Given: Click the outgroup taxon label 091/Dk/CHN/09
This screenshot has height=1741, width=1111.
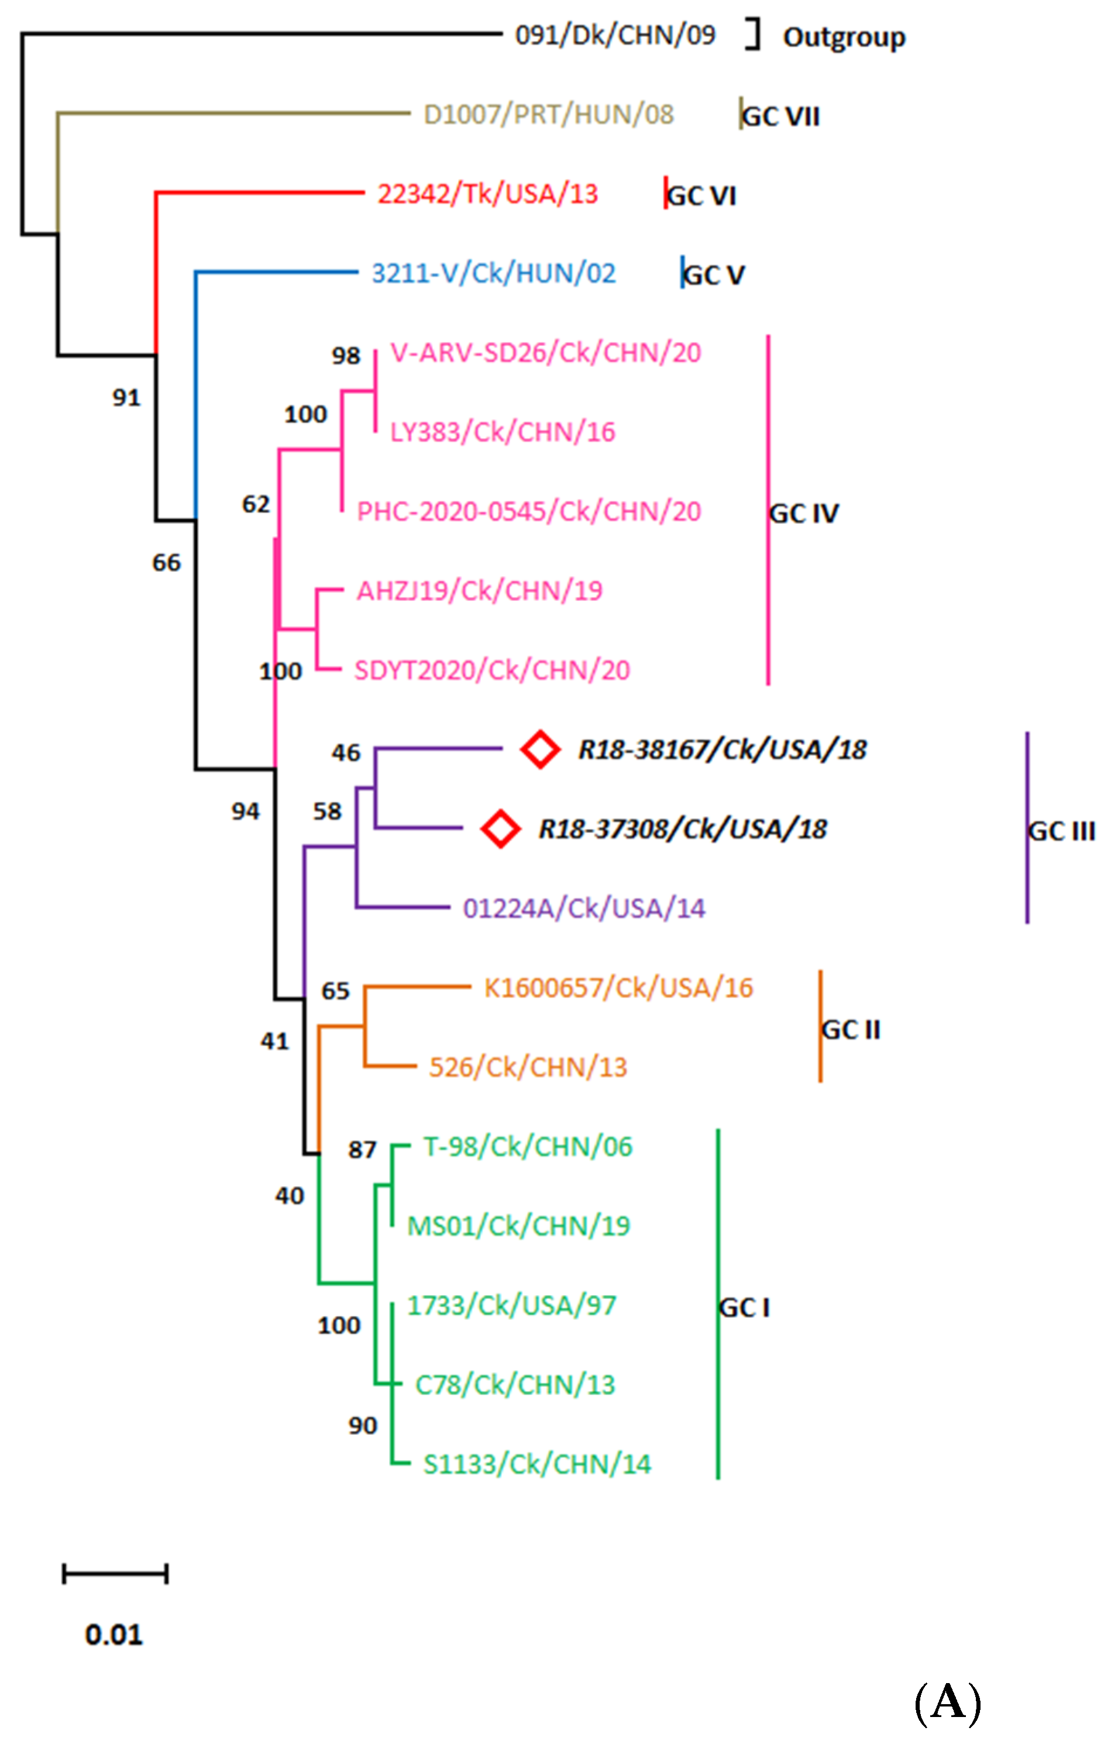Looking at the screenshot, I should (614, 35).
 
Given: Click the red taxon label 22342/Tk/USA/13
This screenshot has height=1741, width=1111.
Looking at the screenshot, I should (488, 194).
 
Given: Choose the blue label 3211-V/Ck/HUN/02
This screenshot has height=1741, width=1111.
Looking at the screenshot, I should (494, 273).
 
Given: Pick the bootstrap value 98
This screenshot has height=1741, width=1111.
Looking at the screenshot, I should (346, 356).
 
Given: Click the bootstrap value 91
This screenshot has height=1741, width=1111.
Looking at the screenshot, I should (126, 398).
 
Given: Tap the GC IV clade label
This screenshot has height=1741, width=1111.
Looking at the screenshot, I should (804, 513).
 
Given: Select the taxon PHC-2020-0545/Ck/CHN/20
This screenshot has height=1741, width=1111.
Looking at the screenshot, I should (528, 511).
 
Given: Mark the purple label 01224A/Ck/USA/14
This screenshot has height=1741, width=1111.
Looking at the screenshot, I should (583, 908).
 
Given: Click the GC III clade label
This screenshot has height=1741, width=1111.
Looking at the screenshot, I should (1061, 831).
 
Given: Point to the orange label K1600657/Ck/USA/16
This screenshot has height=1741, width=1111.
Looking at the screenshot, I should (618, 988).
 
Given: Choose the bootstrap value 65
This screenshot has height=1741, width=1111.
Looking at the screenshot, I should (335, 990).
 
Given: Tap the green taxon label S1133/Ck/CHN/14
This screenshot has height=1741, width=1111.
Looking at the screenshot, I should (537, 1464).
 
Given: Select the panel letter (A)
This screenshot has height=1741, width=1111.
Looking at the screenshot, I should (948, 1701).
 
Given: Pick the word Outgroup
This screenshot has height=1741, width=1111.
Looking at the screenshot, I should (844, 37).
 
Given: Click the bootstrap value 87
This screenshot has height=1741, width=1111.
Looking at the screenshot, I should (362, 1150).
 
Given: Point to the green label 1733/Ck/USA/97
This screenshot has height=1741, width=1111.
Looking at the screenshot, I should (512, 1305).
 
